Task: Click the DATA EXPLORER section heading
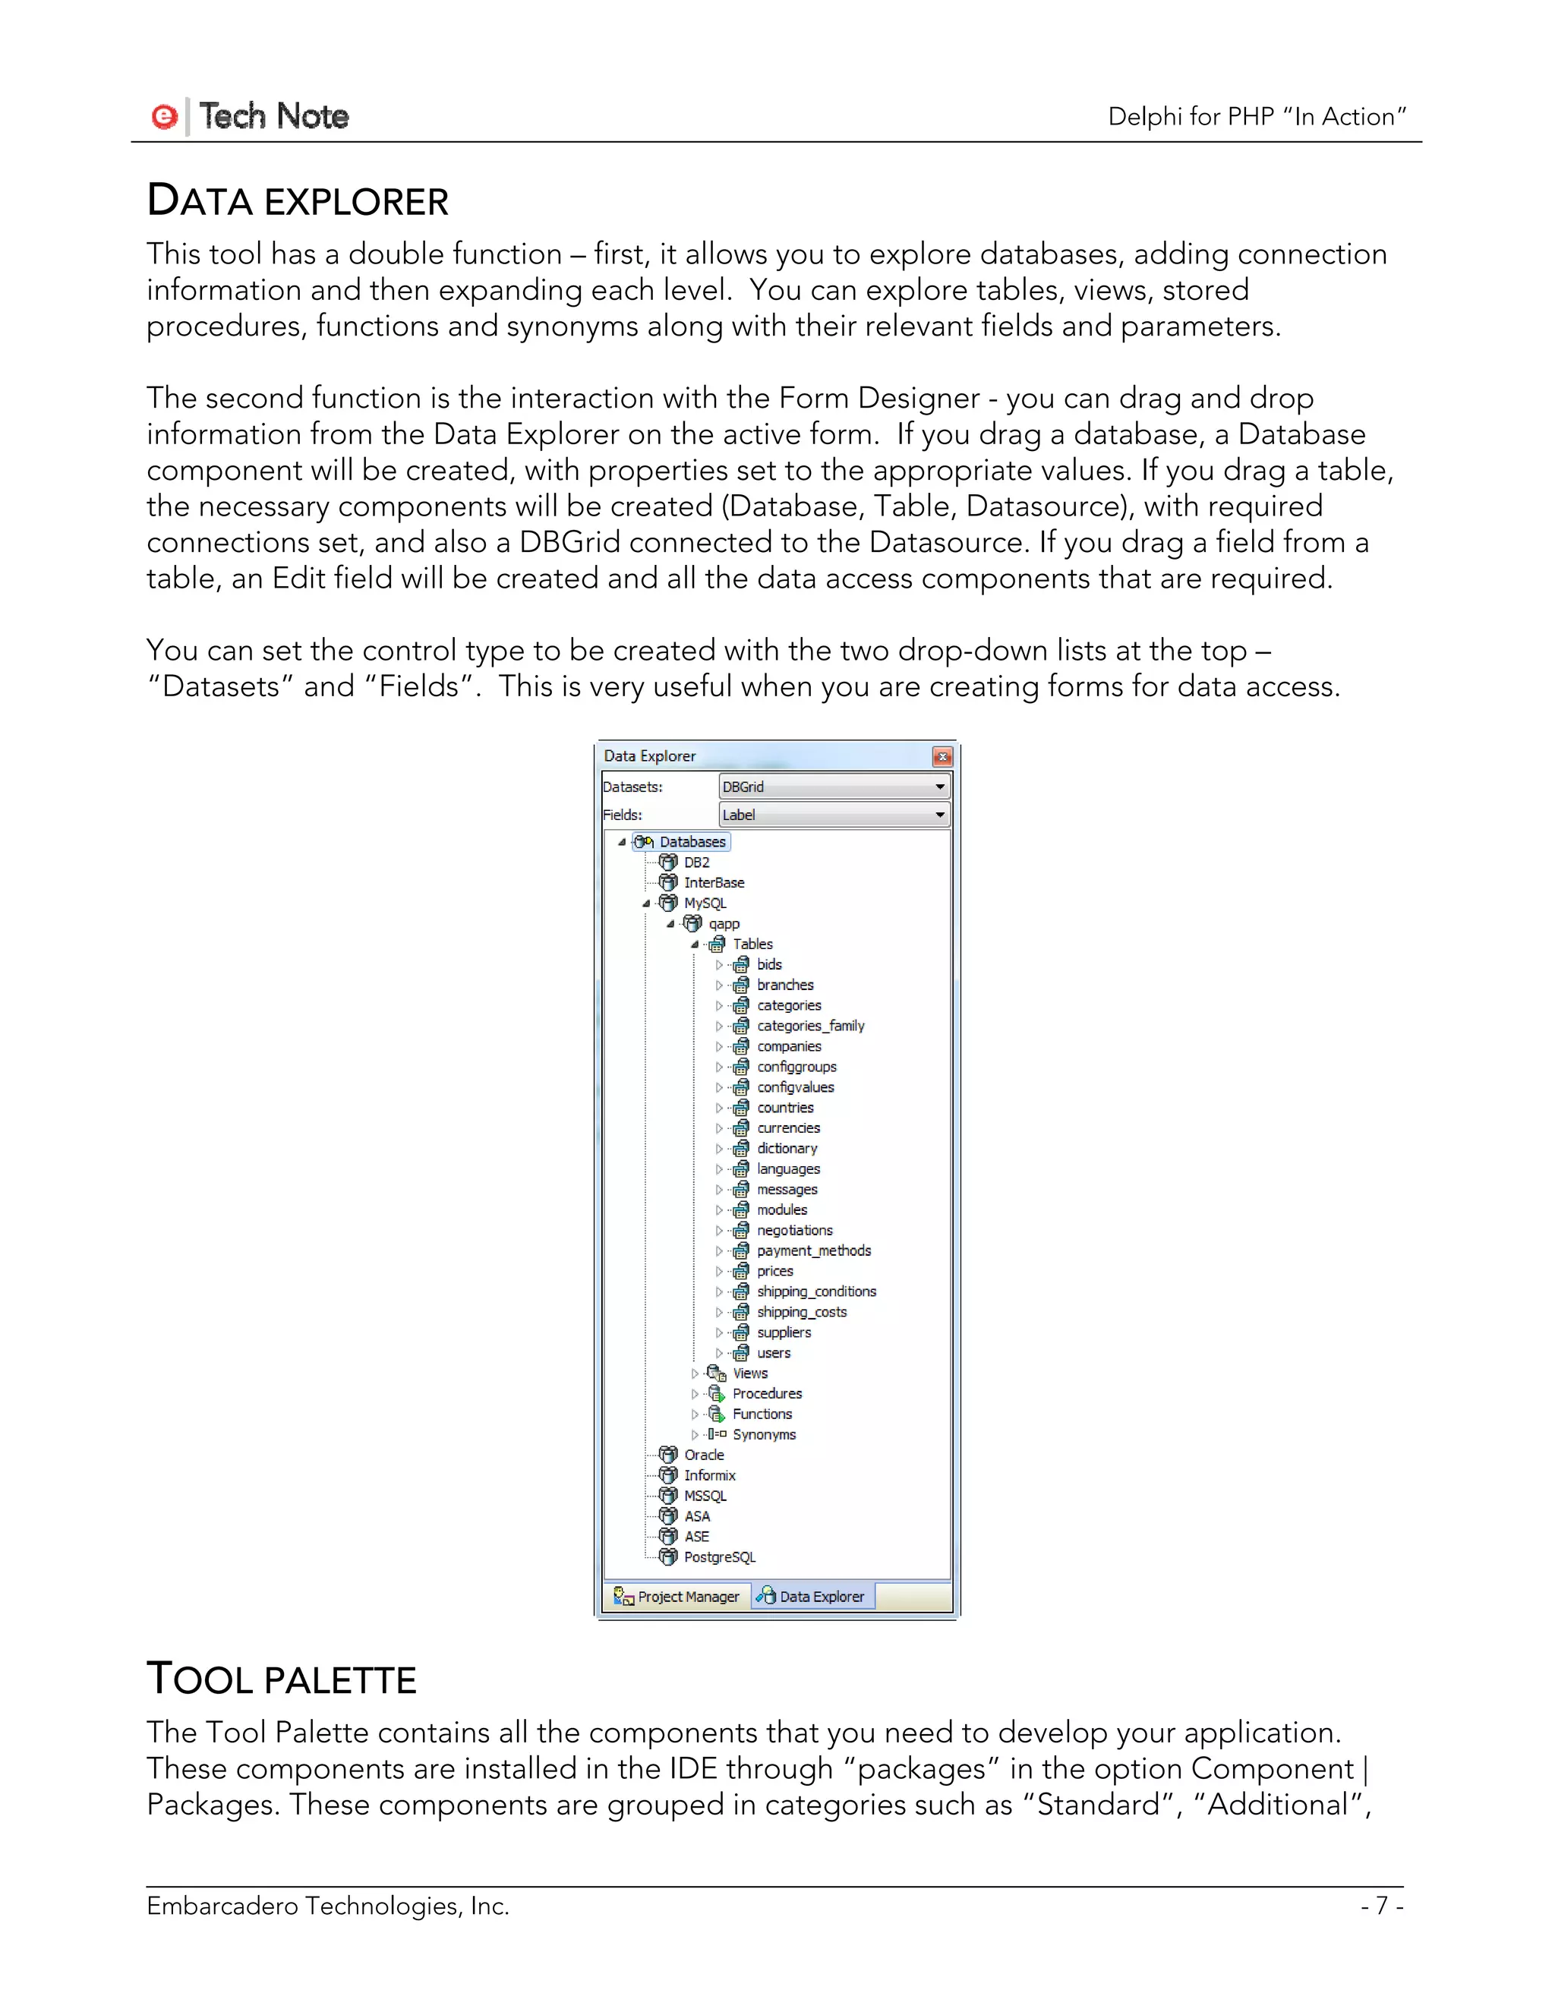coord(297,201)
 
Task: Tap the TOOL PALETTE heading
coord(281,1679)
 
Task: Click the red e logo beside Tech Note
coord(164,117)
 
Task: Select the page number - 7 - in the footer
coord(1381,1905)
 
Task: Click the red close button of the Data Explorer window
coord(942,756)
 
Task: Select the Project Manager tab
coord(677,1597)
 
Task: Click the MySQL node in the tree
coord(705,903)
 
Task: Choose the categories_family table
coord(809,1025)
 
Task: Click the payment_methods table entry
coord(813,1250)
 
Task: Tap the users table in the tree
coord(773,1352)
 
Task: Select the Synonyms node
coord(764,1434)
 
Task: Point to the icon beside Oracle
coord(668,1455)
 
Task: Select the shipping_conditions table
coord(816,1291)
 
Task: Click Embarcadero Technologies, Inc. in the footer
coord(327,1905)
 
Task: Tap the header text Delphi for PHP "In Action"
coord(1257,117)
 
